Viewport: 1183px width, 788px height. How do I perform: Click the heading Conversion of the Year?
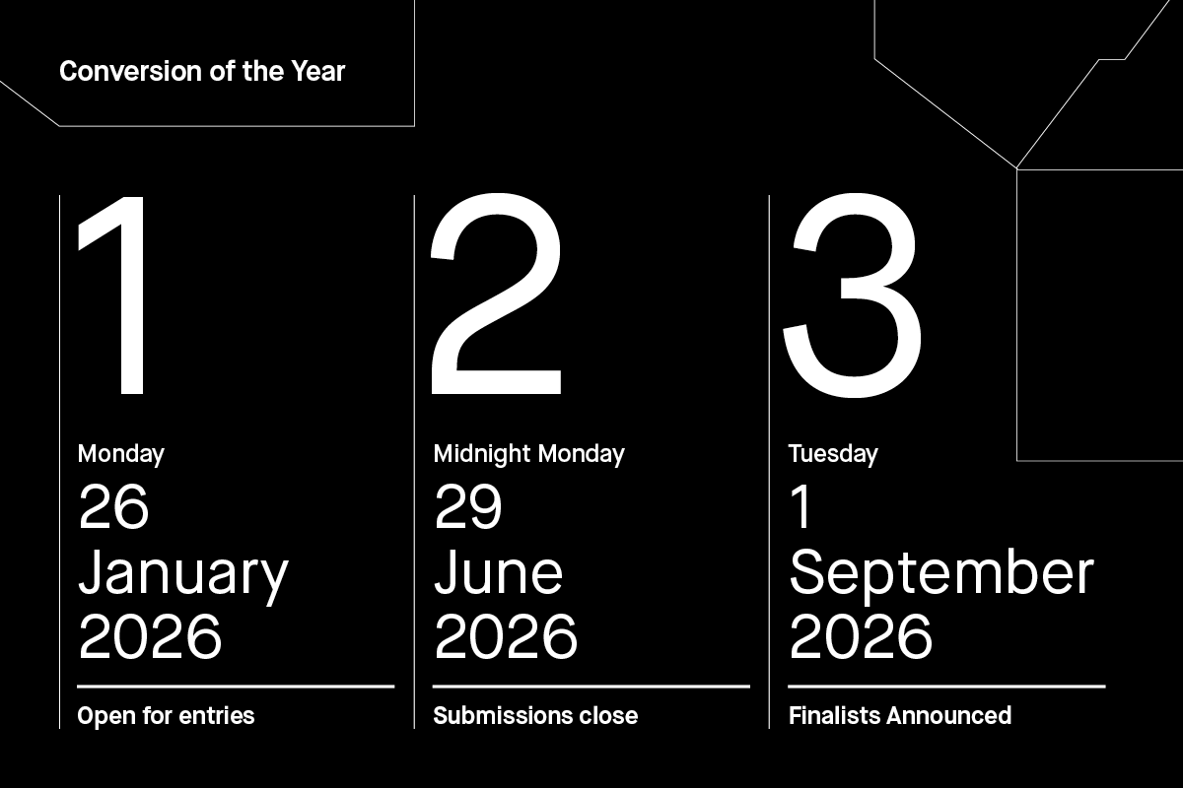coord(202,72)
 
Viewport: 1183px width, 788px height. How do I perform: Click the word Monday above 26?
coord(120,454)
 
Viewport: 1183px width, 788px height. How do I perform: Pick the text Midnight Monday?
coord(528,454)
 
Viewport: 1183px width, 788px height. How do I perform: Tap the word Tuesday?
coord(833,454)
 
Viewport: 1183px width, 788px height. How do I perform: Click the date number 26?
coord(113,507)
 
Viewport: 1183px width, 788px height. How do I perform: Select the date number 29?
coord(468,507)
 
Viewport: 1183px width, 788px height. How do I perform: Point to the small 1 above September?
coord(801,507)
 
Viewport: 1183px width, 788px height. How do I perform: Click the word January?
coord(183,573)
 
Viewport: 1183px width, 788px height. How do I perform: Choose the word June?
coord(498,573)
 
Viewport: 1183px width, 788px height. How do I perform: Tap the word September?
coord(941,573)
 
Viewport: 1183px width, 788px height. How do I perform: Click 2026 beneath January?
coord(150,637)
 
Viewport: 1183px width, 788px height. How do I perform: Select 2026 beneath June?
coord(505,637)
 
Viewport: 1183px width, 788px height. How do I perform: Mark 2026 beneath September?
coord(861,637)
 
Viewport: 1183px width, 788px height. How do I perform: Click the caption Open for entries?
coord(166,715)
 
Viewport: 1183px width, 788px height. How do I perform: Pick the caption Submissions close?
coord(535,715)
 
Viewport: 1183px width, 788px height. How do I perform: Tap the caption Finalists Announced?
coord(900,715)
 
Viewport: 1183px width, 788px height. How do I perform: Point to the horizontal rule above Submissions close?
coord(591,686)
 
